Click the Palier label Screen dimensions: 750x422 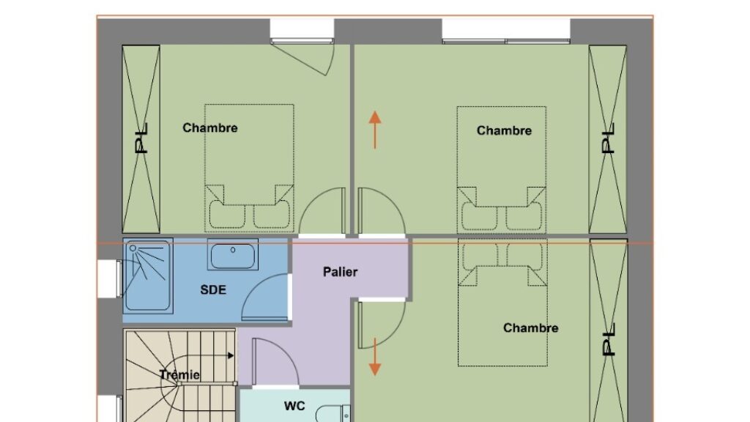point(340,272)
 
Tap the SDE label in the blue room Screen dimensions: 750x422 point(213,289)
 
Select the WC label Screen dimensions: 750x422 point(294,406)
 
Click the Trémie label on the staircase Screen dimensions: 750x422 point(179,374)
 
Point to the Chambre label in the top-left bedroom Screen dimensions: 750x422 point(210,127)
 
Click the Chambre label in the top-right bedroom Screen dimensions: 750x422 point(504,130)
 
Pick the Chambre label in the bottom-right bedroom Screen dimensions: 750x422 point(530,327)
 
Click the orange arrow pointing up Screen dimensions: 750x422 point(375,130)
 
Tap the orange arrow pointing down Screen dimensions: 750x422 point(375,357)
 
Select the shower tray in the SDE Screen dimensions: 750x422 point(148,275)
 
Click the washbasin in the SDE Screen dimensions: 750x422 point(233,255)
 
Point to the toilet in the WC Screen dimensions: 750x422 point(333,413)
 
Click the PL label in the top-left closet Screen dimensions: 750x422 point(141,138)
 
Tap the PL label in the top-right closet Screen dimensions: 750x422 point(608,138)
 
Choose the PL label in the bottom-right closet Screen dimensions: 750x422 point(608,340)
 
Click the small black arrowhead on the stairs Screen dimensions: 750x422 point(231,355)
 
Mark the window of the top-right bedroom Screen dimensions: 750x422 point(506,31)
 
